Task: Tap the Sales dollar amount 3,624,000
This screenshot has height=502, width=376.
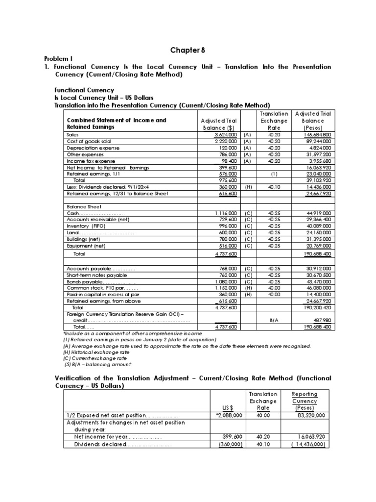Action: pyautogui.click(x=225, y=134)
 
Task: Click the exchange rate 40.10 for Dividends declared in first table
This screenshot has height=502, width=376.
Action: pyautogui.click(x=274, y=187)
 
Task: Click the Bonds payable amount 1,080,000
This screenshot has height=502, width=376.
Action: pyautogui.click(x=225, y=282)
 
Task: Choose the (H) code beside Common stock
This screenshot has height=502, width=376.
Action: pyautogui.click(x=248, y=289)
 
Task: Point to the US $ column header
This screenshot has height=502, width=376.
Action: pyautogui.click(x=228, y=407)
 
